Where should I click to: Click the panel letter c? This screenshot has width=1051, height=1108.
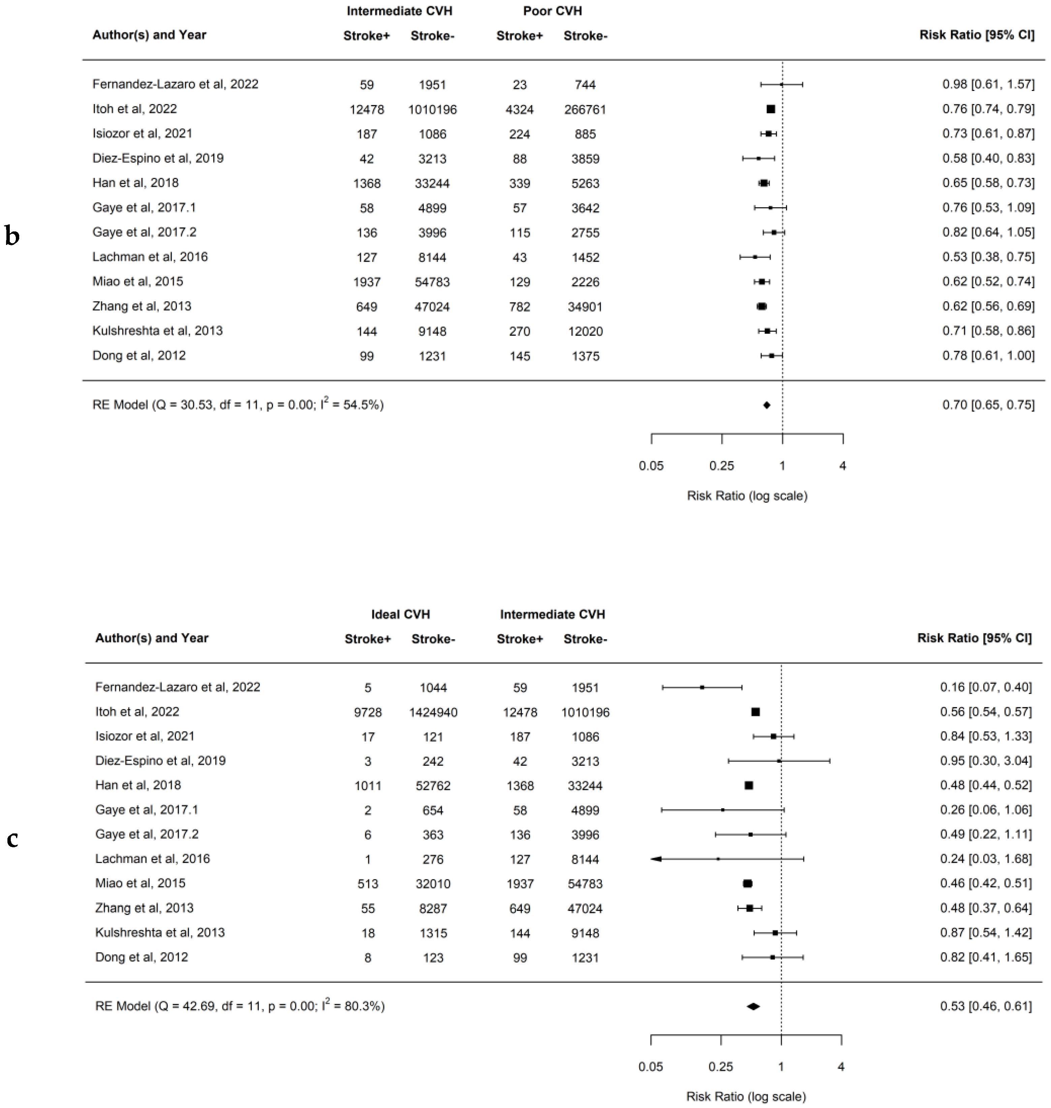point(12,838)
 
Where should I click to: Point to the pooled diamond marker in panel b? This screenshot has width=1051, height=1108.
point(766,405)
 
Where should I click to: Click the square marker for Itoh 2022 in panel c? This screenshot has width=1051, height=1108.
point(755,712)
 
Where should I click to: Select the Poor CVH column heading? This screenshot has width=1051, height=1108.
point(552,11)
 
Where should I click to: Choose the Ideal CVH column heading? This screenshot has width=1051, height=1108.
point(401,614)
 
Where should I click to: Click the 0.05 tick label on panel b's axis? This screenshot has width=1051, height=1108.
point(651,466)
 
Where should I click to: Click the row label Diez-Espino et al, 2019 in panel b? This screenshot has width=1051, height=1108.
point(158,159)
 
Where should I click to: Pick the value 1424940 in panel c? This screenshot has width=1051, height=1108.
point(433,713)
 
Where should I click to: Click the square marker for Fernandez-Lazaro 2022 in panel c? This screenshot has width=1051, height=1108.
point(702,687)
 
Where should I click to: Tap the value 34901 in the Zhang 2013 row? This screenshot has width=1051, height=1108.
point(585,307)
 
